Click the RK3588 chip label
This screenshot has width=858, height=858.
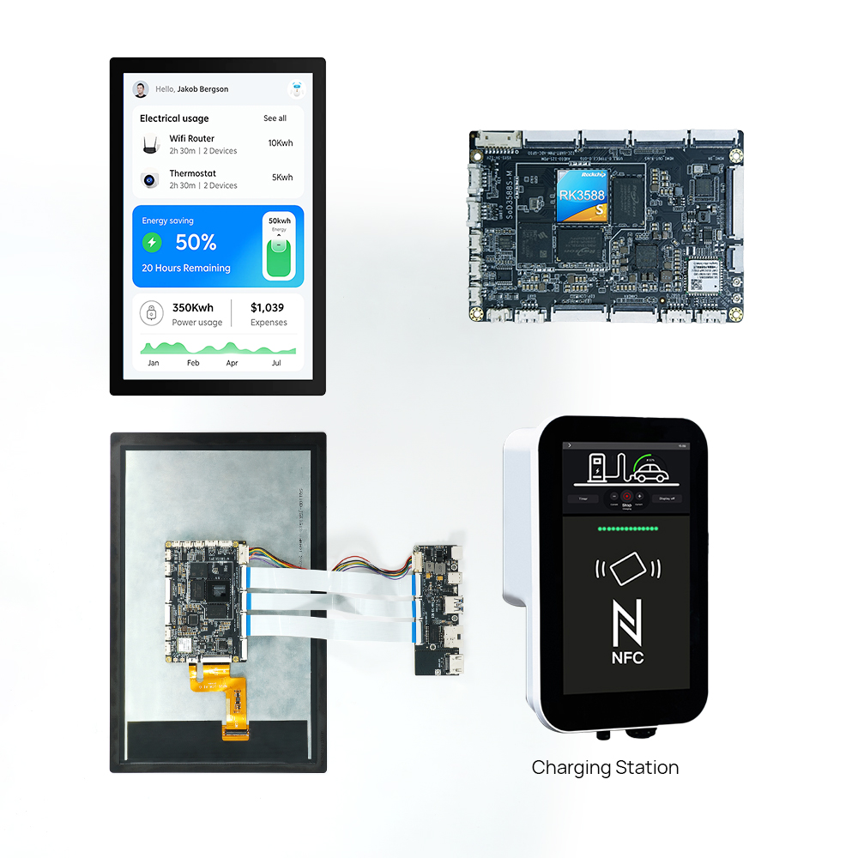coord(583,195)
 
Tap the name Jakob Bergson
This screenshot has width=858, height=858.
coord(202,89)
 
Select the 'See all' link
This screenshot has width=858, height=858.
coord(275,118)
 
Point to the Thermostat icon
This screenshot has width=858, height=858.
coord(150,180)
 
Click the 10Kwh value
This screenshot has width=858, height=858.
coord(280,143)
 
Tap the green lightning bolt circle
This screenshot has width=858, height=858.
coord(152,243)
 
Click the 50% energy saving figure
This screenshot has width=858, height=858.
coord(196,243)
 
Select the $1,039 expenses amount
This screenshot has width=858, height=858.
coord(267,308)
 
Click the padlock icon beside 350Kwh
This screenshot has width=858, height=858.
coord(151,314)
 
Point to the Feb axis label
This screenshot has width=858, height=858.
coord(193,363)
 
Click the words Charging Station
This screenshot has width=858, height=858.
coord(605,768)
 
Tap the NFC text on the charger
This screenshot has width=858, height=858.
coord(627,658)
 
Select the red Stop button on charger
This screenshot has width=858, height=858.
coord(626,496)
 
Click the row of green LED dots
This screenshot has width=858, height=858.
coord(628,529)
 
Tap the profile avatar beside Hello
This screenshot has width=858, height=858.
coord(141,89)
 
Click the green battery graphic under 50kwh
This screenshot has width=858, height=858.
coord(279,258)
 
